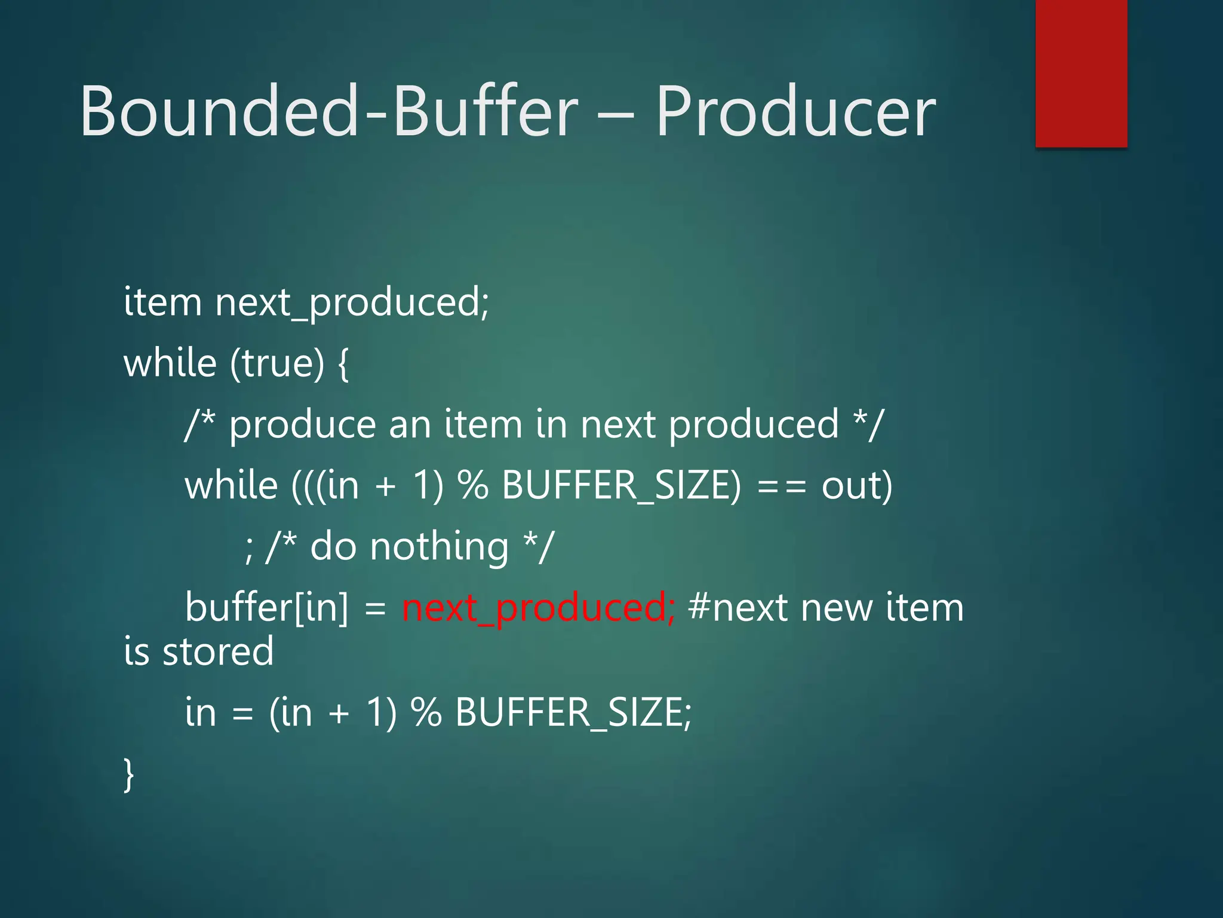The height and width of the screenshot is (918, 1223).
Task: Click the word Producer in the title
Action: [795, 112]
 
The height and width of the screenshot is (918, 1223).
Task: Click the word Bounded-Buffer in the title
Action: [328, 112]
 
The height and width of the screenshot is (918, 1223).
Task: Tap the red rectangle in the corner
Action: [1081, 73]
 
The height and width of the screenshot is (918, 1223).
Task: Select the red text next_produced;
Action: [538, 608]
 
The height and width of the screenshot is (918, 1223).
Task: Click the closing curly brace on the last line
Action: [128, 774]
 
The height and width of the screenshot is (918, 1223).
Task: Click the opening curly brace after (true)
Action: [343, 364]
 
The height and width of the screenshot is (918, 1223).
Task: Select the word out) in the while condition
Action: [857, 485]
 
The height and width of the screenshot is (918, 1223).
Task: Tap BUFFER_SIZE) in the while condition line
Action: [621, 485]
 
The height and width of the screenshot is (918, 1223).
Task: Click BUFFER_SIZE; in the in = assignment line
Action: [573, 712]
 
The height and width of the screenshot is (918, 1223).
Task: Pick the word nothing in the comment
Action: [439, 547]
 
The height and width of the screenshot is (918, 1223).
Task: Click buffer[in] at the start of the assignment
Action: [266, 608]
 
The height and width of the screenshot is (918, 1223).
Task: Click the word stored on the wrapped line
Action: [219, 651]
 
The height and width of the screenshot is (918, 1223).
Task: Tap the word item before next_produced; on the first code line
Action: [162, 301]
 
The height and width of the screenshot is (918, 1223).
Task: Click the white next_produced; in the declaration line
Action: [352, 302]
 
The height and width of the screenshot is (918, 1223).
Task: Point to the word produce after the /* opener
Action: [302, 426]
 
